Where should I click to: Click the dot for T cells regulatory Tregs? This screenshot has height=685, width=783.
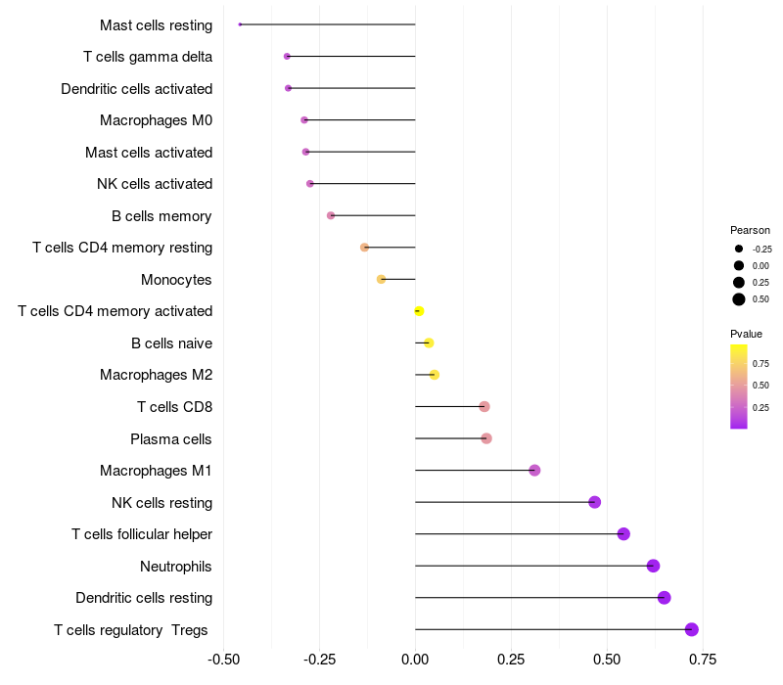(x=692, y=629)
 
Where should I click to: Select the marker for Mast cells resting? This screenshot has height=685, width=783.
(x=240, y=24)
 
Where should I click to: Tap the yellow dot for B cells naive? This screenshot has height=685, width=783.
(x=429, y=342)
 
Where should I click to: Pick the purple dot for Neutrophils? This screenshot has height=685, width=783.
(x=653, y=566)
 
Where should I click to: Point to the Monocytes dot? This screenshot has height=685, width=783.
(x=382, y=279)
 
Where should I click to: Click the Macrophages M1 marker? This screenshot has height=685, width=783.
(x=534, y=471)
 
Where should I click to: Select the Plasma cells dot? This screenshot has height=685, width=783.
(x=486, y=438)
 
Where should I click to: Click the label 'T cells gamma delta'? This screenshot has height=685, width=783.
(x=148, y=57)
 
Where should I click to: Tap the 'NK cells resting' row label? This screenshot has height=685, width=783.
(x=162, y=503)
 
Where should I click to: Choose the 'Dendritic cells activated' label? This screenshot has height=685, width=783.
(x=137, y=89)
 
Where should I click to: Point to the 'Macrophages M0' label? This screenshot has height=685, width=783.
(x=157, y=120)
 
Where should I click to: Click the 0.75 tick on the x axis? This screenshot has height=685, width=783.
(x=702, y=659)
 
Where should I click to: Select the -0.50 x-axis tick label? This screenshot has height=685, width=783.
(x=224, y=659)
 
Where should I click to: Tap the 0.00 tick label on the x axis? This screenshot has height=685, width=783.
(x=415, y=659)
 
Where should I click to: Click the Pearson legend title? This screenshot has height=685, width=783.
(x=750, y=230)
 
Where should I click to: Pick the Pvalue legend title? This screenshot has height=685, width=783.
(x=747, y=334)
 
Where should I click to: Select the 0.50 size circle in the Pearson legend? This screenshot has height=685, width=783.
(x=739, y=298)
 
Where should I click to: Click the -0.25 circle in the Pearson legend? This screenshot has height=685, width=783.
(x=739, y=249)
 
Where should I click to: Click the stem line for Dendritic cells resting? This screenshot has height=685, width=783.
(x=538, y=598)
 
